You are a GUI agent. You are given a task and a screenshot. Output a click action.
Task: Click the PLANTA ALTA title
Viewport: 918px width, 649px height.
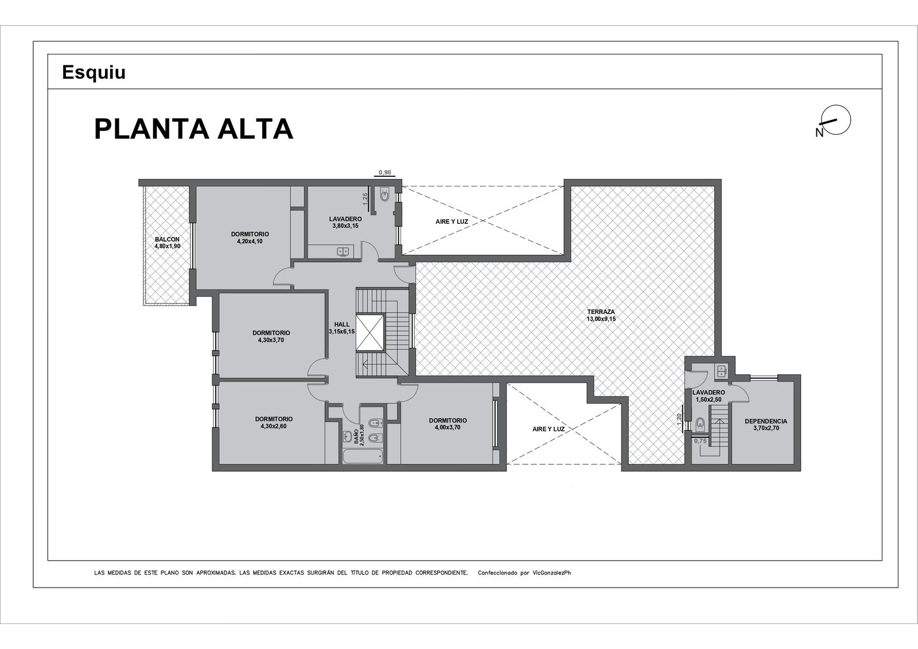[x=193, y=129]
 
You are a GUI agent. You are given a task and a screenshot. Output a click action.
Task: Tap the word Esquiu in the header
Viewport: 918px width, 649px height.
[x=94, y=72]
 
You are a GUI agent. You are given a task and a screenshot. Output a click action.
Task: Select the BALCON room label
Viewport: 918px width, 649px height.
[x=167, y=239]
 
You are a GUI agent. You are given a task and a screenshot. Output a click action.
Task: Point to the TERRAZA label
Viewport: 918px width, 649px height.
[x=601, y=312]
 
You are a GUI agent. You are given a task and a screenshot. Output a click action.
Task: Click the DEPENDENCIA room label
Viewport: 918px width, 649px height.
[x=766, y=421]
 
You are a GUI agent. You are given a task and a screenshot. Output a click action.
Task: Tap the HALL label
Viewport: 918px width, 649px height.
[x=342, y=324]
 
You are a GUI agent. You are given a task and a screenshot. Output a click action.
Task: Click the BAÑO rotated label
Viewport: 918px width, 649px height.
[x=356, y=440]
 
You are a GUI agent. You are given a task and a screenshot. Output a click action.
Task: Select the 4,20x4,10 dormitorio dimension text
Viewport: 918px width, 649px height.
[x=250, y=242]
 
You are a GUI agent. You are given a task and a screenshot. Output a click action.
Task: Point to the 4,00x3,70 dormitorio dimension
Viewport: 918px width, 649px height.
[x=448, y=427]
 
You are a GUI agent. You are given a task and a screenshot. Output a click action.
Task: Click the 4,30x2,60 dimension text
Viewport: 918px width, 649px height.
[x=274, y=426]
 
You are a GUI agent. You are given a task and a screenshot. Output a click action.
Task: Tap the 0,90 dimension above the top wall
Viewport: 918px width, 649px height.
[x=384, y=172]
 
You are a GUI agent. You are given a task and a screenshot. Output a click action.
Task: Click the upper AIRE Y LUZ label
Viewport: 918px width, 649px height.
[x=452, y=221]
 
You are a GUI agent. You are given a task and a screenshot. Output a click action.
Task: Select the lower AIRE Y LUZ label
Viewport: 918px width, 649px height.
[x=549, y=429]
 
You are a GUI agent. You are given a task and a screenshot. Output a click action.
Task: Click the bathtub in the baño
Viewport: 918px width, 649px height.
[x=363, y=456]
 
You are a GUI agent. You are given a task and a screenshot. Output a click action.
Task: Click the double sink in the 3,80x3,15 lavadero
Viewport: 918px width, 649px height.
[x=343, y=251]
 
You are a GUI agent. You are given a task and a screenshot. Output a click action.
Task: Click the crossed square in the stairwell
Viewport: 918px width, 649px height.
[x=371, y=332]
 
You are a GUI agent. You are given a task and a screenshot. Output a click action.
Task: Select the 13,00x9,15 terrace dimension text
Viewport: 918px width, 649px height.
[x=601, y=318]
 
